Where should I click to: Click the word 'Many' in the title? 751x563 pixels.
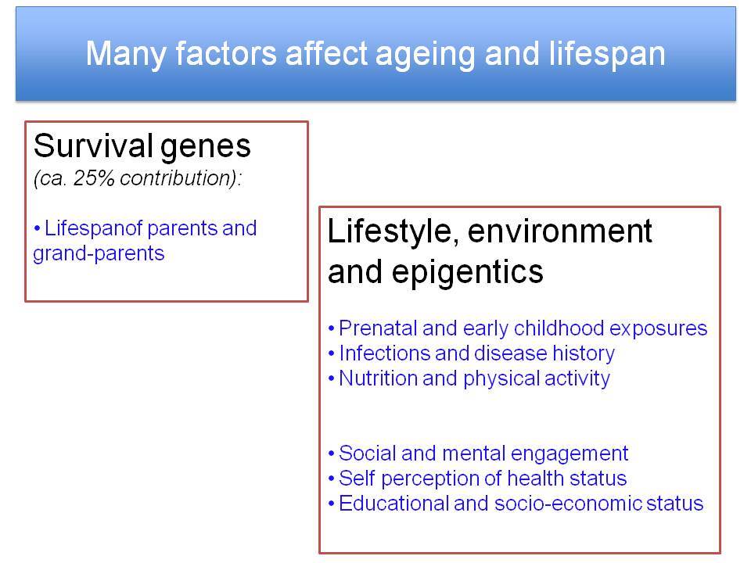[126, 53]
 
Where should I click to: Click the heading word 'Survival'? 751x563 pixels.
[93, 145]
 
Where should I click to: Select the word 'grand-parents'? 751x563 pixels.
[99, 253]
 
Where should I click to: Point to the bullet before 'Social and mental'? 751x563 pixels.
[331, 454]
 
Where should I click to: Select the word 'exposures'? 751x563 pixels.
[658, 329]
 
